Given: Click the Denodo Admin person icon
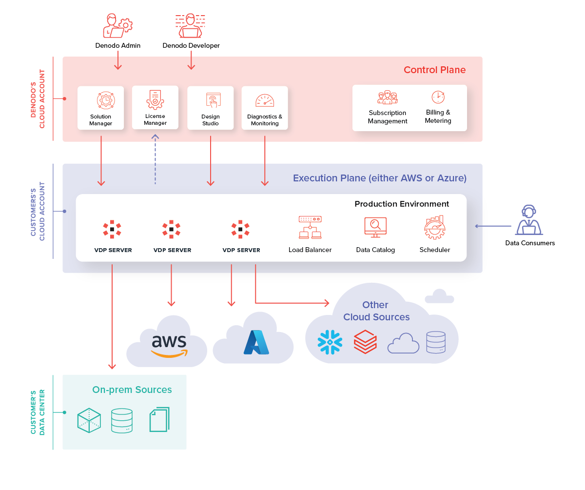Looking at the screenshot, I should (x=117, y=26).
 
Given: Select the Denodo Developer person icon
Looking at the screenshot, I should (x=190, y=26).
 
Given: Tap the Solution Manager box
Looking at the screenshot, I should (x=101, y=108).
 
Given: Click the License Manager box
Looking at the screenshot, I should (x=155, y=107).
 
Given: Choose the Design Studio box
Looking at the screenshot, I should (x=210, y=108).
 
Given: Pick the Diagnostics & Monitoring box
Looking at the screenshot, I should (x=265, y=108).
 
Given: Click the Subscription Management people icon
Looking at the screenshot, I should (x=388, y=98).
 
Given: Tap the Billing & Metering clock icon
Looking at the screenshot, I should (x=438, y=97).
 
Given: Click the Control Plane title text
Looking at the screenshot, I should (x=434, y=70).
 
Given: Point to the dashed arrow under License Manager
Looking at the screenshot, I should (x=155, y=149).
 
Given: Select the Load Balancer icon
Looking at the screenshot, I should (x=310, y=228).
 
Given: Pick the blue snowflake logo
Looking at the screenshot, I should (x=330, y=342).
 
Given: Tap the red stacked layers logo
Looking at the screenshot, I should (x=365, y=341).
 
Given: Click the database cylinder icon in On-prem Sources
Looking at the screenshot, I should (x=121, y=421).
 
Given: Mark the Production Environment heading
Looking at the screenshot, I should (x=402, y=204).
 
